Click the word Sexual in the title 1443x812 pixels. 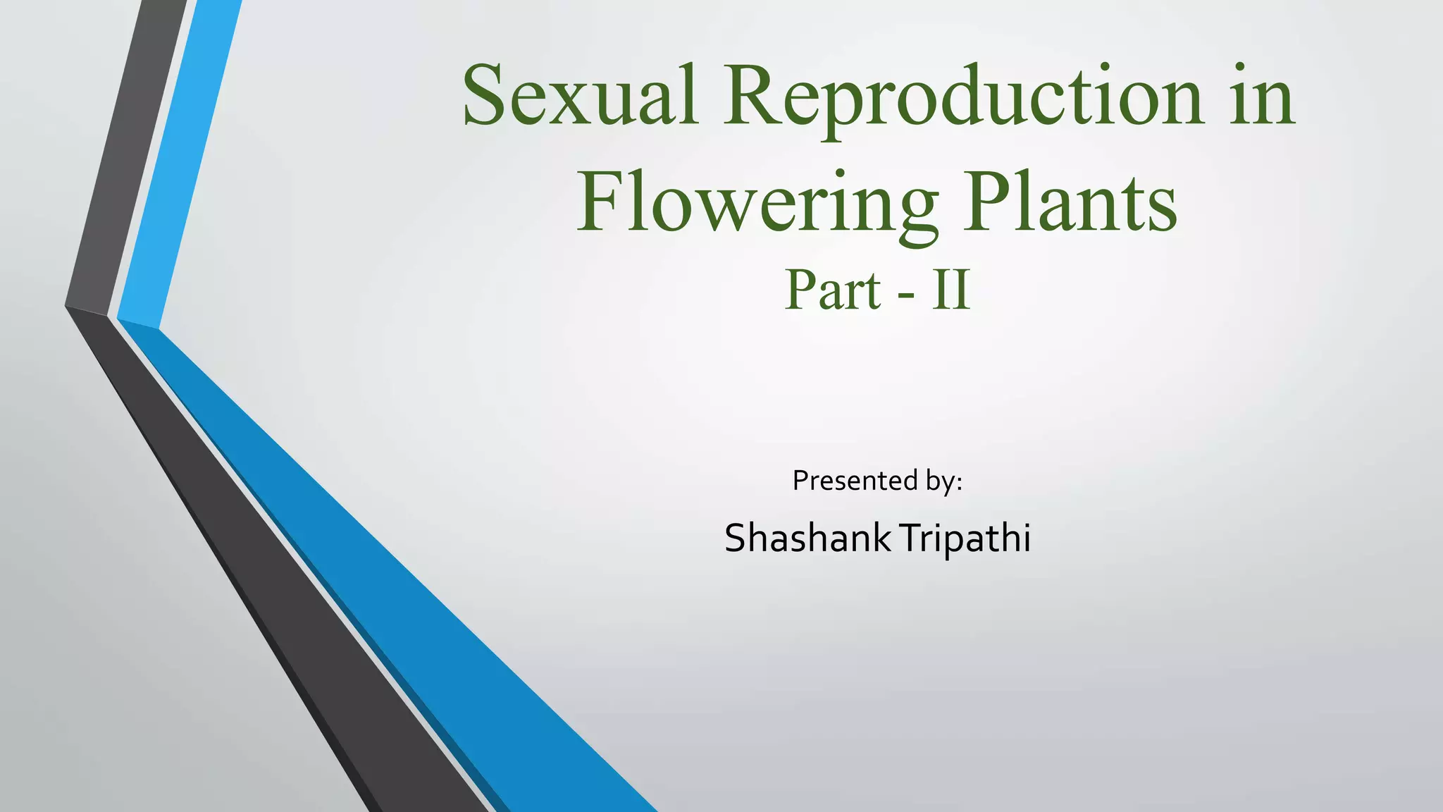(x=579, y=97)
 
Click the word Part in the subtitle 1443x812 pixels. (x=832, y=290)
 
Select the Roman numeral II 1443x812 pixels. (x=951, y=290)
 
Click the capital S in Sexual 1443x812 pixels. (x=485, y=95)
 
